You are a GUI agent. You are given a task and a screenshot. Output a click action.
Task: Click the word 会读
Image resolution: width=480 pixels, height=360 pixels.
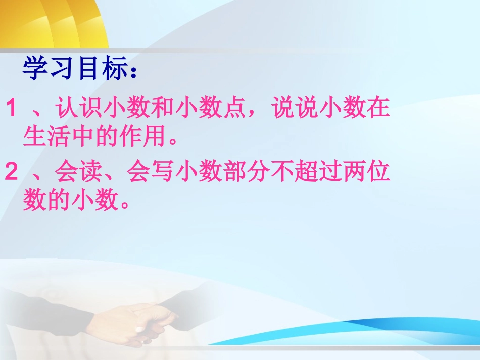(x=78, y=173)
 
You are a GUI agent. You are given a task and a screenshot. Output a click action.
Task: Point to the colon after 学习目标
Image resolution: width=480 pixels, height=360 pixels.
(x=133, y=73)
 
